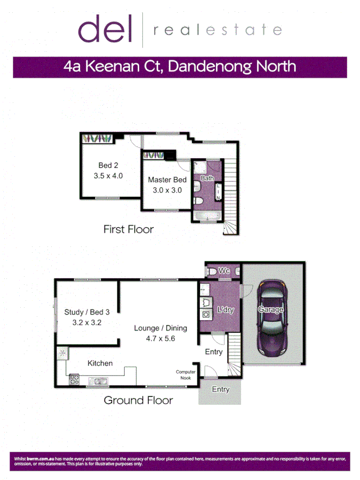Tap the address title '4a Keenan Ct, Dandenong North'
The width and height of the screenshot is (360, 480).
coord(180,67)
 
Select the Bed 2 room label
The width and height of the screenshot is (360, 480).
coord(108,165)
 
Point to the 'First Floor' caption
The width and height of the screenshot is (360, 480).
coord(129,229)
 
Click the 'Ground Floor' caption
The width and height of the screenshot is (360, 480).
coord(138,400)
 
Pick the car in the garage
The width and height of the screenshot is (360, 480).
coord(272,318)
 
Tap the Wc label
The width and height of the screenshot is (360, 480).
coord(225,271)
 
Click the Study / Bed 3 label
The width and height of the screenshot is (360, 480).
coord(87,313)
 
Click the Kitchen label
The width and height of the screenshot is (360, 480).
coord(100,363)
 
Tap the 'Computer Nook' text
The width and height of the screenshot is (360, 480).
coord(186,375)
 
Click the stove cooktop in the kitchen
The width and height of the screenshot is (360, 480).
coord(74,380)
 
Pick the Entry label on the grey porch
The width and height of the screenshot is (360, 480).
coord(220,389)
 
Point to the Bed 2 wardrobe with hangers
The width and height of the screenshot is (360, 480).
coord(97,139)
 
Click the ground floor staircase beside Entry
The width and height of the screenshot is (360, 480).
coord(235,355)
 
